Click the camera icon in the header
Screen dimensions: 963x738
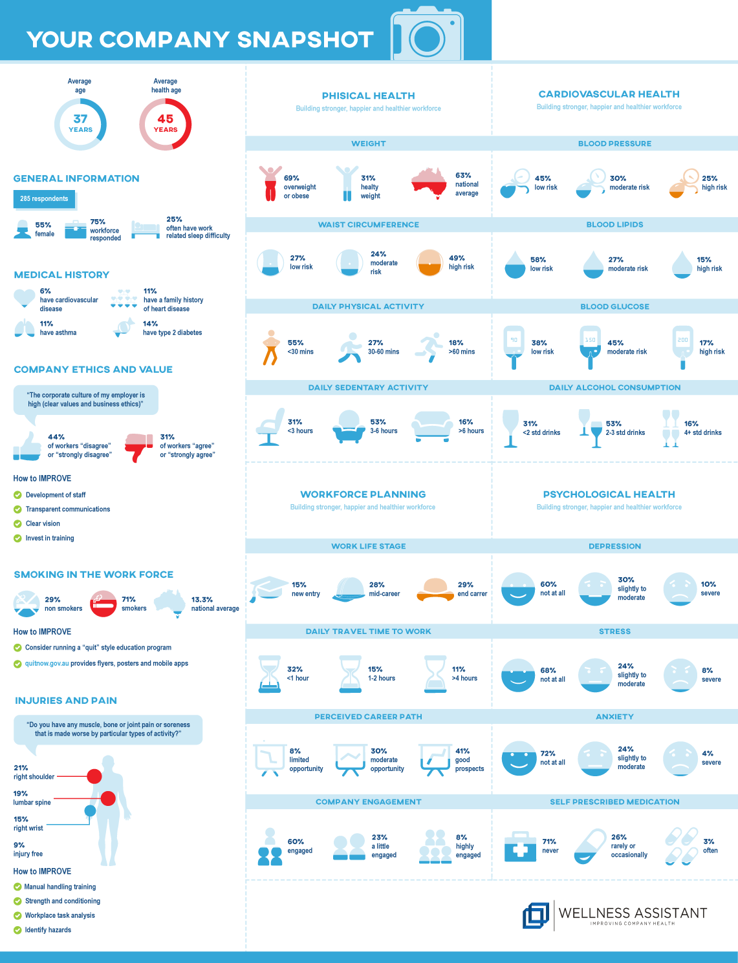(427, 36)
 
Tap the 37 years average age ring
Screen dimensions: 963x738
(80, 123)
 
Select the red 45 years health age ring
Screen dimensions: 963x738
(166, 123)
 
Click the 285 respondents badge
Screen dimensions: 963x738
(44, 199)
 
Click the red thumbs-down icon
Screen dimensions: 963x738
(138, 447)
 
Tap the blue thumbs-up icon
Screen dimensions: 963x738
(27, 447)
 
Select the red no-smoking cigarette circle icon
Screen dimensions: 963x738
(103, 604)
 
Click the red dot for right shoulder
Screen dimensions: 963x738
(94, 776)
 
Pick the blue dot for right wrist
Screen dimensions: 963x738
(90, 810)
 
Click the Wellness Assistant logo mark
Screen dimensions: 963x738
(536, 915)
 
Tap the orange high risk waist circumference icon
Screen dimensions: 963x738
(429, 262)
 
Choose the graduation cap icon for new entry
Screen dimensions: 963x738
(268, 588)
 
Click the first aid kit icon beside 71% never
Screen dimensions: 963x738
(520, 846)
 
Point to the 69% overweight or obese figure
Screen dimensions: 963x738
(270, 184)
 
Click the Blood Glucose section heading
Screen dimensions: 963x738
(614, 306)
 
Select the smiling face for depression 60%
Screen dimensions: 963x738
(518, 589)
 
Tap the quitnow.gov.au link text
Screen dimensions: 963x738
(47, 663)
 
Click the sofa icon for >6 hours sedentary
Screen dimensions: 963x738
(433, 427)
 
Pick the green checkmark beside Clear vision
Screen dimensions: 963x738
(17, 524)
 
